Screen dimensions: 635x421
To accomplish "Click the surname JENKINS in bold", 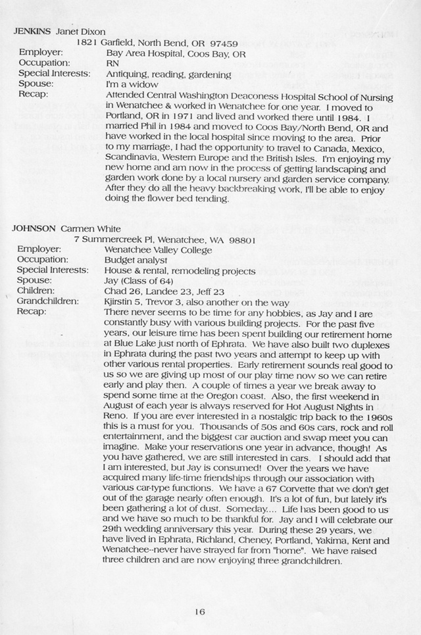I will point(31,31).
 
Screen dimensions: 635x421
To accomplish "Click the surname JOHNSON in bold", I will point(34,228).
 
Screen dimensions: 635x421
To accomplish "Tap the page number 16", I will point(200,611).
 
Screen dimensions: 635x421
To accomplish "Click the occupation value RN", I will point(112,63).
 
